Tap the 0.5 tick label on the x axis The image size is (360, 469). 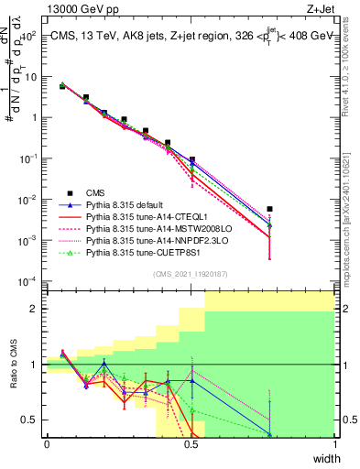pos(191,444)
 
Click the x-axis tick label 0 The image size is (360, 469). pos(47,444)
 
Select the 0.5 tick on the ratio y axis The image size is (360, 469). pos(32,420)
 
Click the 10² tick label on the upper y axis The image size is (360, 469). pos(29,36)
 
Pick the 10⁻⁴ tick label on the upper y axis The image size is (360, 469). pos(29,281)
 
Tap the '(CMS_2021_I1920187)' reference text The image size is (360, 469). pos(191,274)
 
